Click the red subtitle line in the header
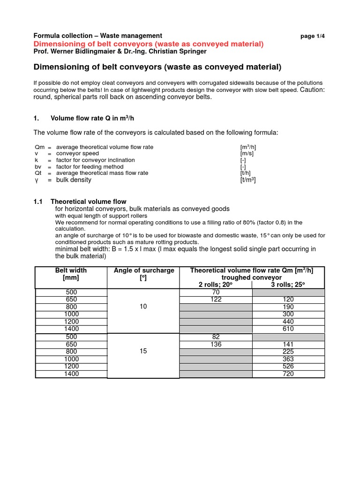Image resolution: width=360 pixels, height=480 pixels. [x=149, y=44]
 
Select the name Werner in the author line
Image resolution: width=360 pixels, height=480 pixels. [x=63, y=51]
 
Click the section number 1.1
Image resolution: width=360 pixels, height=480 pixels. [x=38, y=202]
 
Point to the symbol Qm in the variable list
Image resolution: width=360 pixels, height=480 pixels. [x=39, y=147]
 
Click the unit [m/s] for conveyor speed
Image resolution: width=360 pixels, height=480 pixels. [x=247, y=154]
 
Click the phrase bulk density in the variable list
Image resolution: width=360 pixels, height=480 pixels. [x=74, y=180]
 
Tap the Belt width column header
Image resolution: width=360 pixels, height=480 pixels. [x=71, y=274]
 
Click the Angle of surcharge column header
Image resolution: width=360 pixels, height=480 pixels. [x=143, y=274]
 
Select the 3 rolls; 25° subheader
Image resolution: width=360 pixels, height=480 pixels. [x=288, y=285]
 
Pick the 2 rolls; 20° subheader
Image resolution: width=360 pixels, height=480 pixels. [x=216, y=285]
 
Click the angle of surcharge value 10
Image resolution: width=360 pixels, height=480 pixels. [x=143, y=307]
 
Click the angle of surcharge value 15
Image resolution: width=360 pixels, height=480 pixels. [x=143, y=351]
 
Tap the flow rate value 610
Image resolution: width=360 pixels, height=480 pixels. [x=288, y=329]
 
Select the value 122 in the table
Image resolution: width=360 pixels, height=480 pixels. [x=216, y=300]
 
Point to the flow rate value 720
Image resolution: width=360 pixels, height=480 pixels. [x=288, y=374]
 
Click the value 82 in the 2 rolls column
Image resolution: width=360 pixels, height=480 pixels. [x=216, y=337]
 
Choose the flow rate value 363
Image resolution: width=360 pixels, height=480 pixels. [x=288, y=359]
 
